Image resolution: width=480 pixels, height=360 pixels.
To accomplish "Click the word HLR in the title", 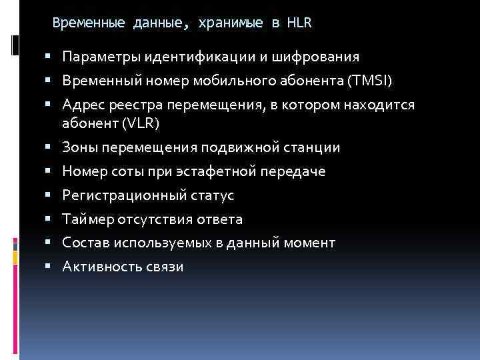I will (x=300, y=23).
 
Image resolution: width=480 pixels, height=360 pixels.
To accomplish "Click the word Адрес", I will (x=82, y=105).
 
